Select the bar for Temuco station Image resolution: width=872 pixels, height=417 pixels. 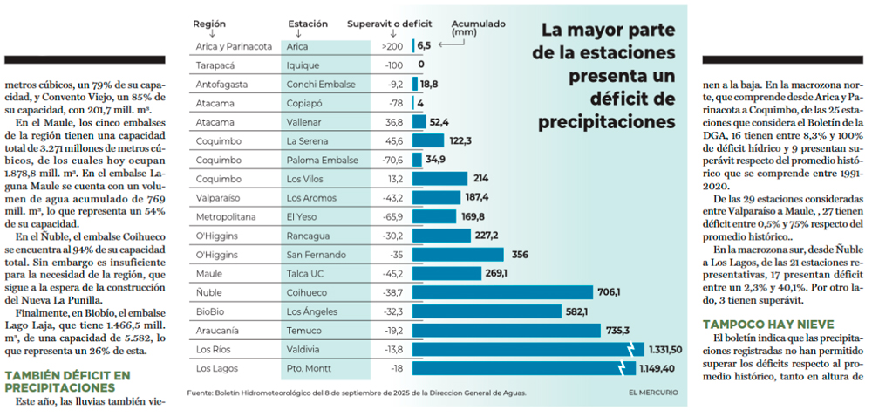507,330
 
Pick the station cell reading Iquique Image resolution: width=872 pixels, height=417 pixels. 303,65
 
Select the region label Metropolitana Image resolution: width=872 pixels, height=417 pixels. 224,216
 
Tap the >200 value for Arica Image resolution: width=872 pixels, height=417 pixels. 392,45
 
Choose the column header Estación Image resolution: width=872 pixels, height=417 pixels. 309,24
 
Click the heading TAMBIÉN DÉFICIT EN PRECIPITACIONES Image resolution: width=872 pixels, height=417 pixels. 68,381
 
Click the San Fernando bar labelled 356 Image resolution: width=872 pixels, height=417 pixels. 458,255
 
